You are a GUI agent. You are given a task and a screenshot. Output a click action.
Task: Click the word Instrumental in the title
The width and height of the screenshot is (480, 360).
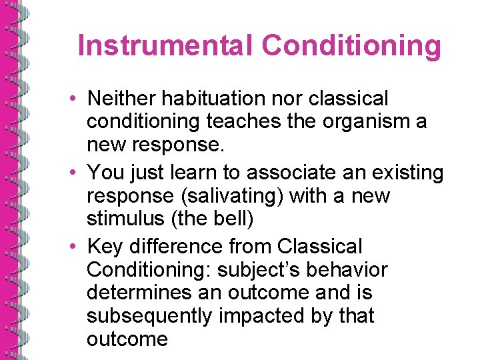pos(166,46)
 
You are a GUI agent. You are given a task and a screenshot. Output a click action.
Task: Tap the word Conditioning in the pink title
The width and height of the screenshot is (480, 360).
pos(351,46)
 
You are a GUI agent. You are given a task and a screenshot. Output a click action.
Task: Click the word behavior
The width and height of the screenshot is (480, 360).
pos(355,270)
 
